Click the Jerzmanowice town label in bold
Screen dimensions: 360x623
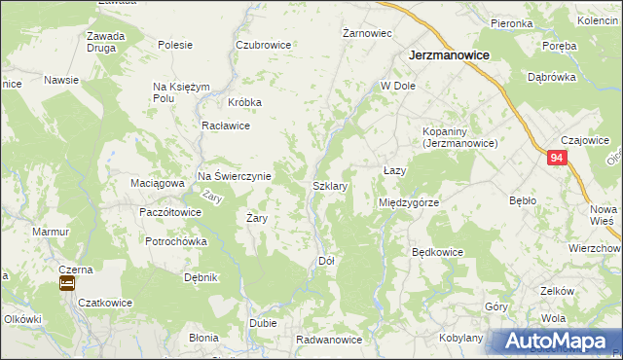point(448,56)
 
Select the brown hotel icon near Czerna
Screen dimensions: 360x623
point(67,283)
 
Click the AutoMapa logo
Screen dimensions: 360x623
point(555,342)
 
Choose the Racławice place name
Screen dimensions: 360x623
point(226,126)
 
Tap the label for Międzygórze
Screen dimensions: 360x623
point(409,202)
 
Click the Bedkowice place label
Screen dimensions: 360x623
point(437,252)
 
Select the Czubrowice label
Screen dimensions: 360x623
point(264,45)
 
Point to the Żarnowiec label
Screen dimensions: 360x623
point(368,33)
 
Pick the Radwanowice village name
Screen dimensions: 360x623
point(329,340)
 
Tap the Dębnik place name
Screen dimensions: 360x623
point(201,277)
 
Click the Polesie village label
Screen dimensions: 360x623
point(175,45)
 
